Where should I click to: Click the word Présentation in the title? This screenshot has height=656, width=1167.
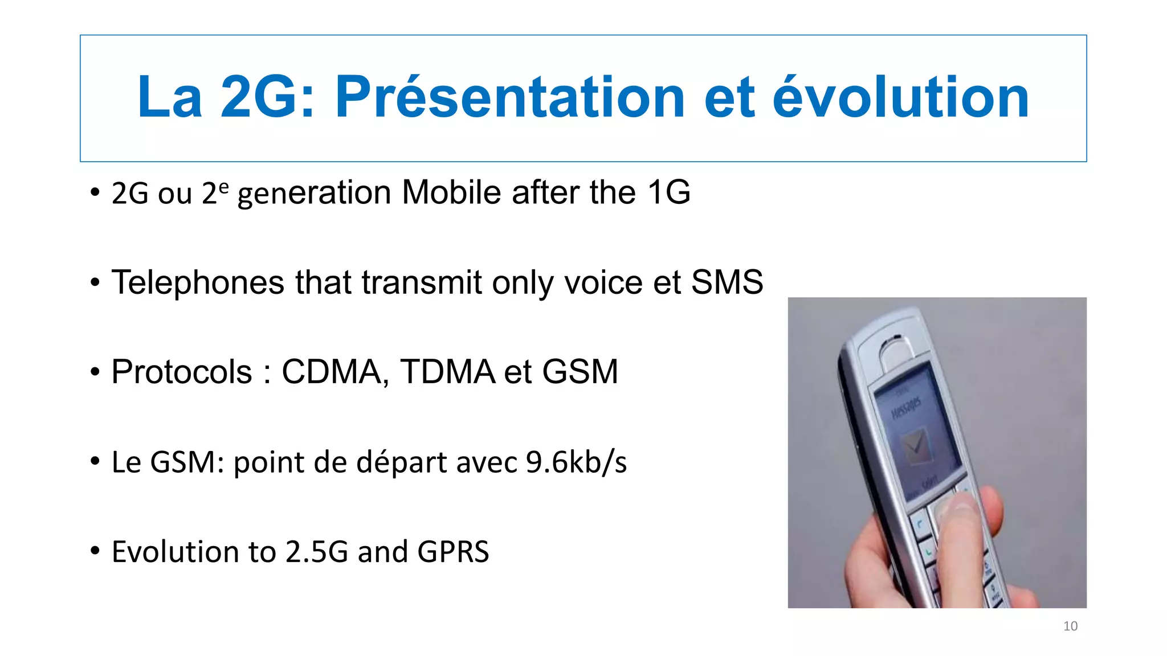click(x=509, y=97)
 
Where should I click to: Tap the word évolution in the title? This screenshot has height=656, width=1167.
click(x=900, y=97)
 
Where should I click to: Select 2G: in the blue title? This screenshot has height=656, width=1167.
click(x=267, y=97)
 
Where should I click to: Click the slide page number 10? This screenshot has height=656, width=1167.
click(x=1070, y=626)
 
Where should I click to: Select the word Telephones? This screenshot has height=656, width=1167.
click(x=198, y=282)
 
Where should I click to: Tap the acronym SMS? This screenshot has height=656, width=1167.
click(x=727, y=282)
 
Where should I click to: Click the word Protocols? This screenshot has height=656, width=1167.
click(x=182, y=372)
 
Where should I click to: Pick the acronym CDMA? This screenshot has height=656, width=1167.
click(x=336, y=372)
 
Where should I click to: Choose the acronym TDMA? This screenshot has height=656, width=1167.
click(x=447, y=372)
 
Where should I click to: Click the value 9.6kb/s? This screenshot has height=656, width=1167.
click(x=576, y=462)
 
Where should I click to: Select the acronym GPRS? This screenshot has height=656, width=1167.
click(x=453, y=552)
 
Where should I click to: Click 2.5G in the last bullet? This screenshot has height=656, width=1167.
click(x=317, y=552)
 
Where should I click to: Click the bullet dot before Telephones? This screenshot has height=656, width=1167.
click(x=95, y=282)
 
